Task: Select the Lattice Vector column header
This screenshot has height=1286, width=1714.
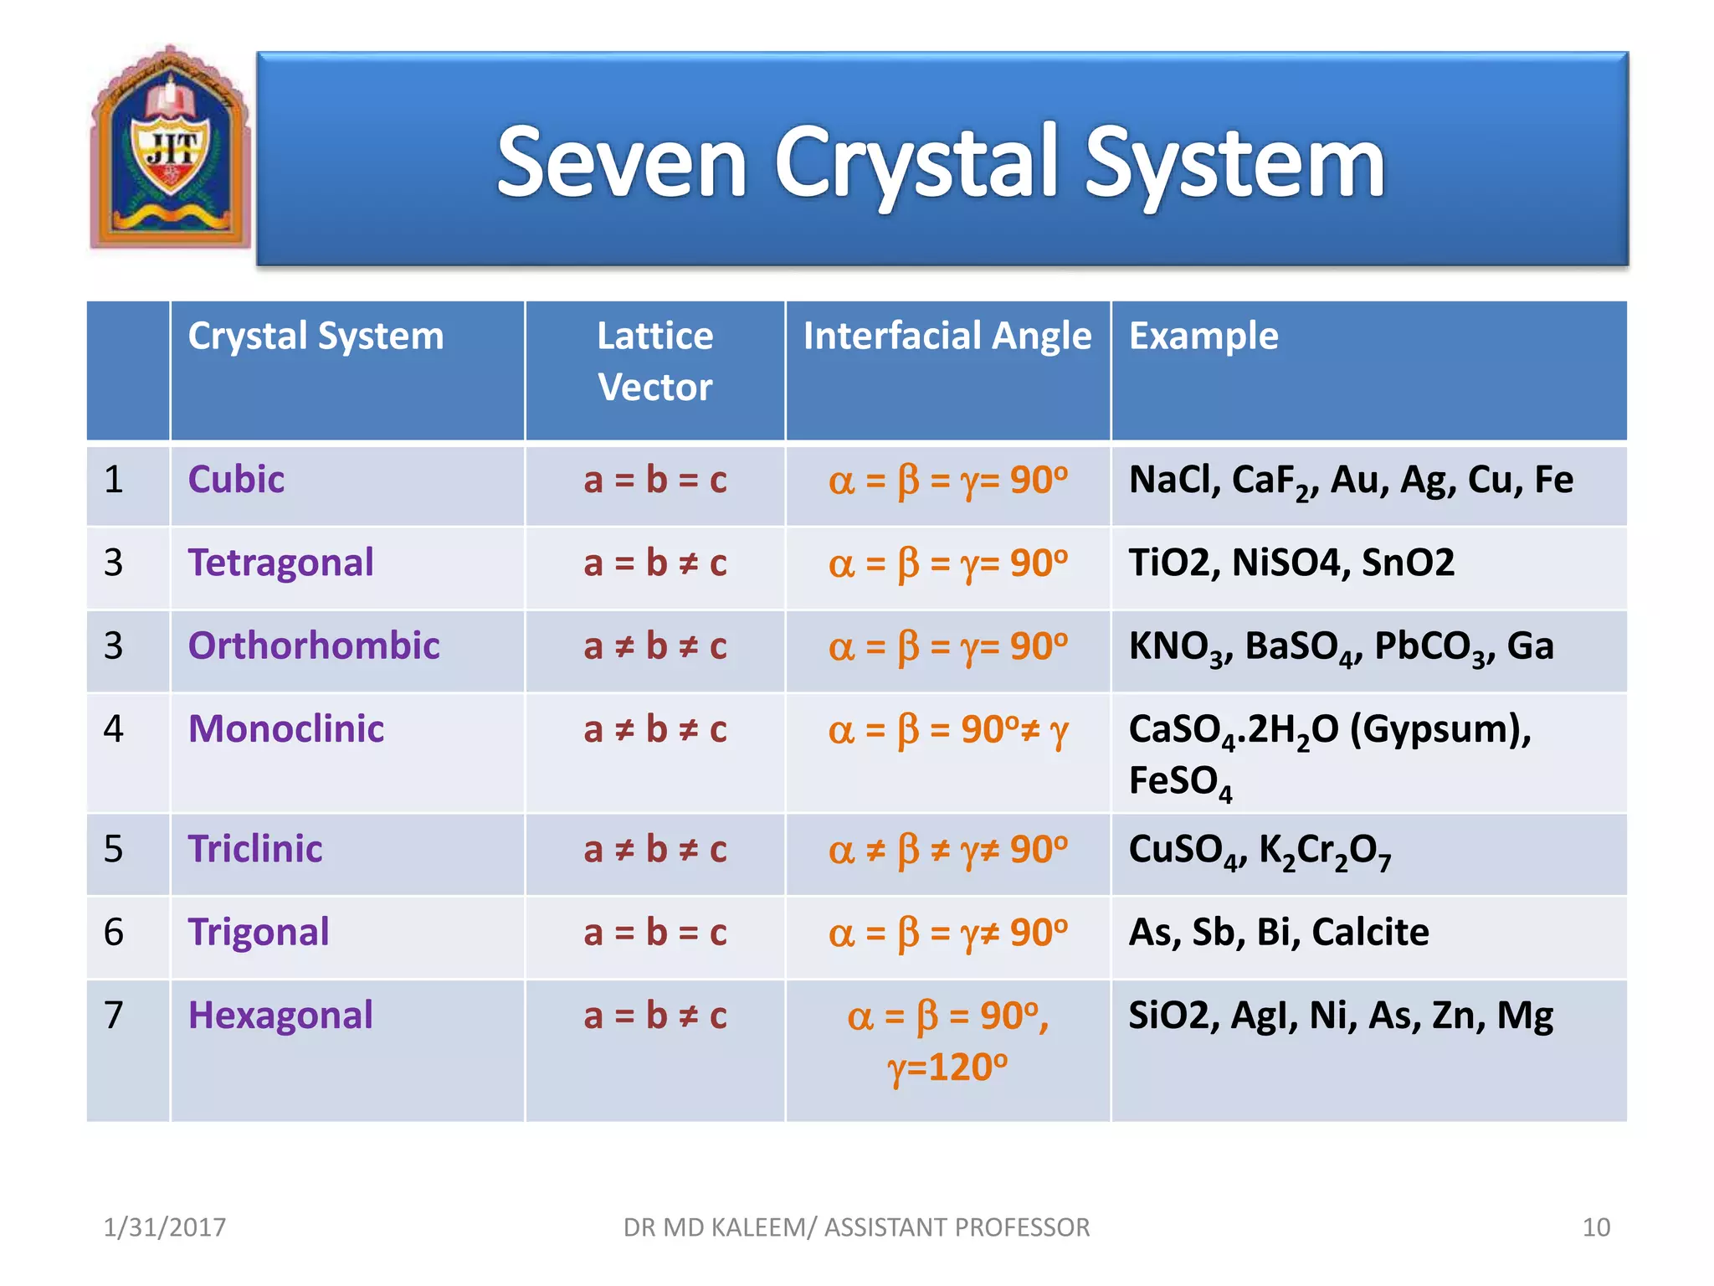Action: point(654,362)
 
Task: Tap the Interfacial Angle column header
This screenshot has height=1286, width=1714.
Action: point(947,337)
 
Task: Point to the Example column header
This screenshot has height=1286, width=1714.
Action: point(1203,337)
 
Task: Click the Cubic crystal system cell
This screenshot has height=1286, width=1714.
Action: point(236,480)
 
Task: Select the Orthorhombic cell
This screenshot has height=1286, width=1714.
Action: point(314,646)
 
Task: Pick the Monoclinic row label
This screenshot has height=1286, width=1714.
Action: point(285,729)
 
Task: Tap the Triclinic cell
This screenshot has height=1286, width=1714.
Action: point(255,849)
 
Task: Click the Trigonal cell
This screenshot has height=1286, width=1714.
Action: point(259,933)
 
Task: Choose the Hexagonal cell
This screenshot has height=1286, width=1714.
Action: point(280,1016)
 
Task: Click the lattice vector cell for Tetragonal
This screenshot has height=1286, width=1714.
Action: point(654,563)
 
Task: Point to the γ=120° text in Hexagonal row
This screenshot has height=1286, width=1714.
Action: point(947,1068)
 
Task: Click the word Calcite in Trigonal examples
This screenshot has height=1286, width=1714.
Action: point(1370,933)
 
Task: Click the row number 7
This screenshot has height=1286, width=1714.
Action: point(114,1016)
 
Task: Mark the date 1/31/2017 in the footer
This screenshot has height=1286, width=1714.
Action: point(164,1227)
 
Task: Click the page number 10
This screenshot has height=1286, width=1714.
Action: point(1595,1227)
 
